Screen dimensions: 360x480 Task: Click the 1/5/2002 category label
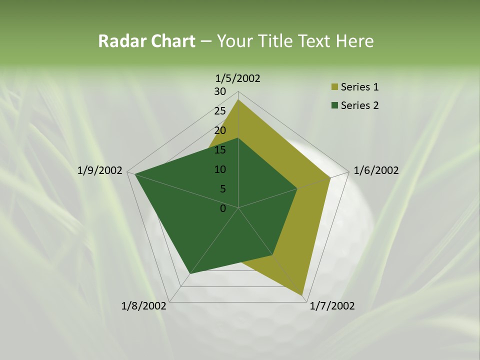tap(238, 78)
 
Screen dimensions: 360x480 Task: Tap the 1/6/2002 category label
tap(376, 170)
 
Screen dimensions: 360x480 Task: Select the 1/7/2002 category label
tap(332, 306)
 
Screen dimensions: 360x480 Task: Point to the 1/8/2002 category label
tap(144, 306)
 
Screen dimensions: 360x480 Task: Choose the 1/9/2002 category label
tap(100, 170)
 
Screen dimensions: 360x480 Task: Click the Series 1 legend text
tap(359, 87)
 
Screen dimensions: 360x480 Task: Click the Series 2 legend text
tap(359, 105)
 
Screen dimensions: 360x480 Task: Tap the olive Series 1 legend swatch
tap(334, 87)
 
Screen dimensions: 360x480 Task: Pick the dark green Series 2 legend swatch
tap(334, 105)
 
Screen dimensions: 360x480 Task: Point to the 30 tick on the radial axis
tap(220, 91)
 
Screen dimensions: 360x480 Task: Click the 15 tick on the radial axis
tap(220, 150)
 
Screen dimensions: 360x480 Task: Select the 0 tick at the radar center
tap(223, 208)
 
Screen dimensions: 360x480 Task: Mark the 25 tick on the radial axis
tap(220, 111)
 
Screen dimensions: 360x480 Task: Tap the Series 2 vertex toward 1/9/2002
tap(135, 174)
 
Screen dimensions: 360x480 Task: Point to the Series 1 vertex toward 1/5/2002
tap(238, 100)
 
